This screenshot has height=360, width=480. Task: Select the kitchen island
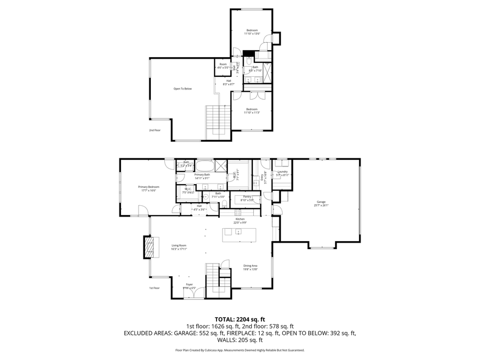(239, 232)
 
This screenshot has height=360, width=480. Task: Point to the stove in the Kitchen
(240, 212)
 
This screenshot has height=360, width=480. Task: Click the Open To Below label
(182, 89)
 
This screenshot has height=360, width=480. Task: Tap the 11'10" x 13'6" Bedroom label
(252, 32)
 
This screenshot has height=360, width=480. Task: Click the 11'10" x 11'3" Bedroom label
(252, 111)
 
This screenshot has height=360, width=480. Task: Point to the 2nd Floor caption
(154, 130)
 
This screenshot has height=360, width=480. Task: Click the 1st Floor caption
(154, 288)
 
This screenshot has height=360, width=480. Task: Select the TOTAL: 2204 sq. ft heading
(239, 319)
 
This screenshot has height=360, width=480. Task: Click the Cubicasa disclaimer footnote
(239, 350)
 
